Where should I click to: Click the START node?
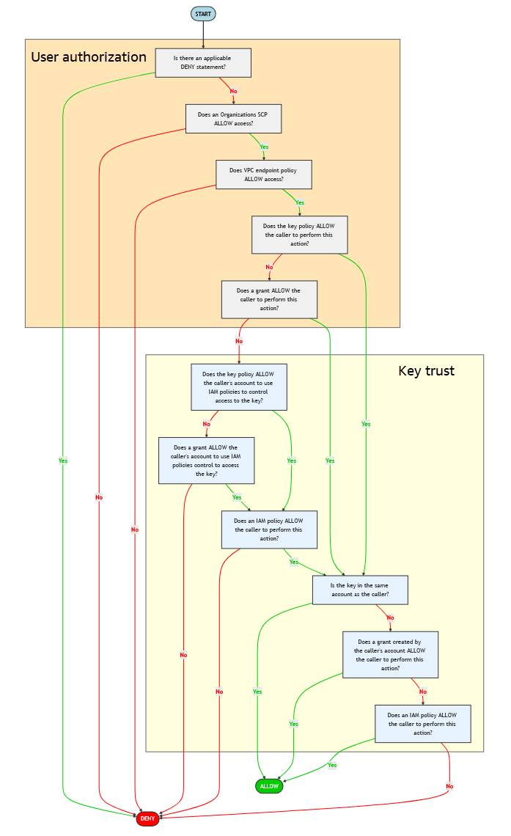pos(203,14)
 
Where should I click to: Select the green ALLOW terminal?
pos(269,786)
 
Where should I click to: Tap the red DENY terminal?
pos(147,818)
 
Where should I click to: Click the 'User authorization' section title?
pos(89,57)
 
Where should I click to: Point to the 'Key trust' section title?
pos(426,371)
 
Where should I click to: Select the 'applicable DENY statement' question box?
pos(203,63)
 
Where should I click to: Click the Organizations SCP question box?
pos(233,119)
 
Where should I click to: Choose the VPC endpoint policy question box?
pos(263,175)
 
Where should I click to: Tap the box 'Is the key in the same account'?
pos(359,590)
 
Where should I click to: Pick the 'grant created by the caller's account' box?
pos(389,654)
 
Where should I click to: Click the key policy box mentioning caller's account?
pos(238,386)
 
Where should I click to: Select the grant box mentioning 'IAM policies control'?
pos(206,461)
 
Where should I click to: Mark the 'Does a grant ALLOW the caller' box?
pos(269,299)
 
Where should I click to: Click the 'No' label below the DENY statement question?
pos(233,91)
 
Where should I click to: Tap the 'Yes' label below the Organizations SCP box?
pos(264,147)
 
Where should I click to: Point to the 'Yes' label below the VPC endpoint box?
pos(299,202)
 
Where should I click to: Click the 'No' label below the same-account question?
pos(390,617)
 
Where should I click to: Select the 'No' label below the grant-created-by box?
pos(422,691)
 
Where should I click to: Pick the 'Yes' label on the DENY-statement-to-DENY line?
pos(63,461)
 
